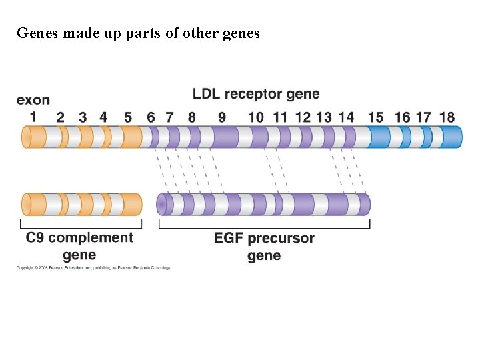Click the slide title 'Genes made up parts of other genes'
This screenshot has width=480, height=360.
tap(138, 33)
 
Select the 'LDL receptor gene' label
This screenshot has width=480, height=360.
tap(256, 94)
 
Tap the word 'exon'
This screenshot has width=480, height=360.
tap(33, 100)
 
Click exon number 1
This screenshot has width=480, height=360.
tap(33, 117)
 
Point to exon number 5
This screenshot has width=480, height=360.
tap(127, 117)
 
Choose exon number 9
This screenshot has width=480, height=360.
tap(221, 117)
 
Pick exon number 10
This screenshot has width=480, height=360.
tap(255, 117)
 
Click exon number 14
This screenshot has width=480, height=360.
tap(346, 117)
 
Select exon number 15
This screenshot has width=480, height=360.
tap(375, 117)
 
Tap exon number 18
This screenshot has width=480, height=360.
tap(447, 117)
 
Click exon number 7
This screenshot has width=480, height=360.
tap(169, 117)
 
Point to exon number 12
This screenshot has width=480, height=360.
tap(303, 117)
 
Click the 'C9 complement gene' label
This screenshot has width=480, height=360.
tap(79, 246)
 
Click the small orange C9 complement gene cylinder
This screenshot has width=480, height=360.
tap(81, 205)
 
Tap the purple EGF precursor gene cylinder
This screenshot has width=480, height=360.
tap(263, 205)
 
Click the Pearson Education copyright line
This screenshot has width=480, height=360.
tap(94, 268)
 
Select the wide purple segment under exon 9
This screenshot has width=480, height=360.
tap(225, 137)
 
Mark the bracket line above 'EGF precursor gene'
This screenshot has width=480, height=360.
tap(264, 227)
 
